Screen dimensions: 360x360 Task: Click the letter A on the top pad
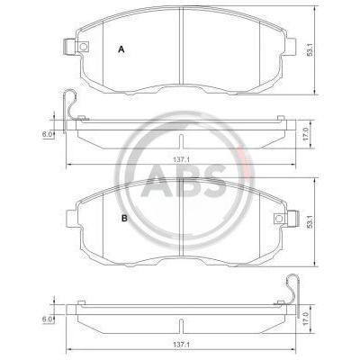point(121,49)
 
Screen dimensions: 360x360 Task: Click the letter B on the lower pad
point(124,219)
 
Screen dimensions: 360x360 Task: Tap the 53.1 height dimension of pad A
point(310,49)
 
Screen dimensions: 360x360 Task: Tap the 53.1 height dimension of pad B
point(310,221)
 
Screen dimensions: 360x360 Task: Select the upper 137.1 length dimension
point(181,160)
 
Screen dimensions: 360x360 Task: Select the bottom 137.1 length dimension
point(181,346)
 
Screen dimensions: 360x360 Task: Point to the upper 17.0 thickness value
point(305,134)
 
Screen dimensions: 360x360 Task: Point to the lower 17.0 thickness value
point(305,319)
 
